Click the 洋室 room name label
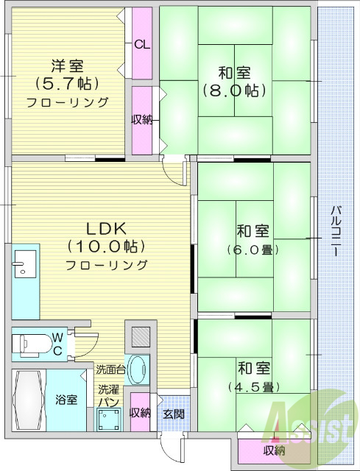68,64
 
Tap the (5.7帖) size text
68,82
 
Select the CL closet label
142,44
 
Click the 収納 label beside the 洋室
142,120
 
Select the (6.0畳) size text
253,249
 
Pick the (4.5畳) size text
253,386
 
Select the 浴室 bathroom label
66,400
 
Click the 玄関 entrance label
174,413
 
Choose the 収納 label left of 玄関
140,413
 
